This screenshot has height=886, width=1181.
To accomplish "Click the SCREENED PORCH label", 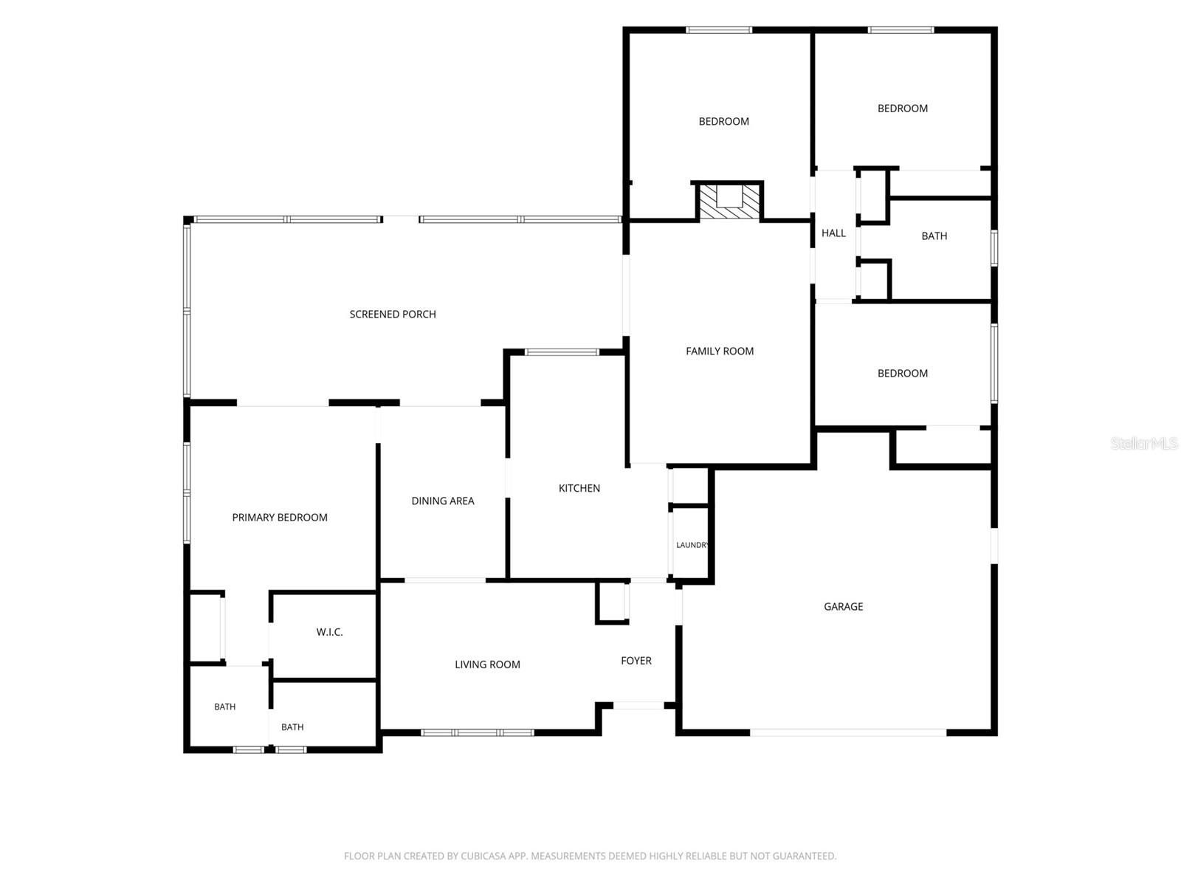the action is (392, 315).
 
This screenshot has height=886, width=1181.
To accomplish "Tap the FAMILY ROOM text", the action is (720, 351).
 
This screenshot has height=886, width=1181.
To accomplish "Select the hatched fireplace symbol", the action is (729, 202).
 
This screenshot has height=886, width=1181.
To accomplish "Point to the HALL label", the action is (833, 233).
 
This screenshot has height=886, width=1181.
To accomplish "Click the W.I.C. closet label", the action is (329, 632).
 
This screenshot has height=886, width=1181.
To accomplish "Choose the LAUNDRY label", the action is (692, 545).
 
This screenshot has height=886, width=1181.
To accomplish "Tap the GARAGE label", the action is (843, 607).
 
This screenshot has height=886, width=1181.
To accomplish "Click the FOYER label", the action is (636, 661).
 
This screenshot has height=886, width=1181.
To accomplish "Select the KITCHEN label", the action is (579, 489).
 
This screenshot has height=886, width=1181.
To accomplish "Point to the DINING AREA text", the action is (442, 501).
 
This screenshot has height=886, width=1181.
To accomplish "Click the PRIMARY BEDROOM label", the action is (279, 518).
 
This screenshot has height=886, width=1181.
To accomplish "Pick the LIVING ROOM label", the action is (487, 665).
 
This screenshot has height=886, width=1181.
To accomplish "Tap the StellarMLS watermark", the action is (1144, 443).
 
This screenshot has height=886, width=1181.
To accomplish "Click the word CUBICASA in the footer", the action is (481, 855).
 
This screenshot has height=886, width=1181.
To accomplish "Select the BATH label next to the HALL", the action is (934, 236).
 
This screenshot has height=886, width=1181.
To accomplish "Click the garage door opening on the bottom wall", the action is (848, 732).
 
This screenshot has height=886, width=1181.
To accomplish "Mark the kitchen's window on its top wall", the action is (561, 352).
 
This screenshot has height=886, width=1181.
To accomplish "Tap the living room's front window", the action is (478, 732).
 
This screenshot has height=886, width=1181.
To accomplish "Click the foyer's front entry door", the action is (638, 705).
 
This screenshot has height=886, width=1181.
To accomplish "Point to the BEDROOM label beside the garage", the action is (902, 374).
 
